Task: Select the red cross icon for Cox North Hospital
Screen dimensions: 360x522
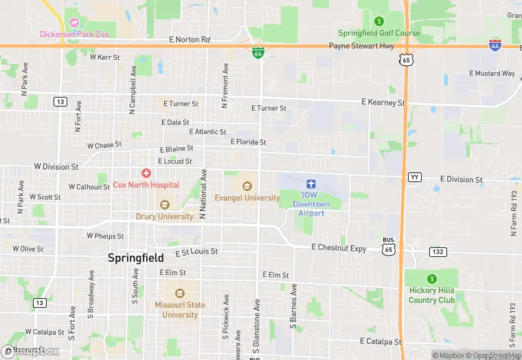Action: click(x=146, y=173)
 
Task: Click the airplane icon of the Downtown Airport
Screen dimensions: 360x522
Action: click(x=310, y=183)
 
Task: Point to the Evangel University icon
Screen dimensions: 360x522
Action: click(x=247, y=186)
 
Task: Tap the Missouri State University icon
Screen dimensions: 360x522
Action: click(x=180, y=293)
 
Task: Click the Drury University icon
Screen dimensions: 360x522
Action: click(x=164, y=205)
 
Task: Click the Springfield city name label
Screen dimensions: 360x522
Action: click(x=136, y=258)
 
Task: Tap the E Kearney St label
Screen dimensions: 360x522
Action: click(x=383, y=102)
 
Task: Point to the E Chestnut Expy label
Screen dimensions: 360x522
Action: click(x=339, y=247)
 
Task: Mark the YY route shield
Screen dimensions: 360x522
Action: click(x=414, y=177)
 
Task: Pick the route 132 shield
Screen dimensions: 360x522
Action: click(x=438, y=252)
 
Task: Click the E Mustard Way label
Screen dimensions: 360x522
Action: click(x=492, y=74)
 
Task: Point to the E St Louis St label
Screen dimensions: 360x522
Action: click(x=196, y=252)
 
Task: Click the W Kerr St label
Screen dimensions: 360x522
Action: click(x=104, y=57)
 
